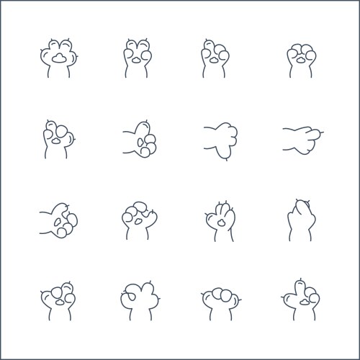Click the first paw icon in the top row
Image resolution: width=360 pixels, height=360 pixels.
click(58, 58)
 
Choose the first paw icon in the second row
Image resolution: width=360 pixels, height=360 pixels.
click(58, 138)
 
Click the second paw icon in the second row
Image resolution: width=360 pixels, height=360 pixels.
click(138, 138)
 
